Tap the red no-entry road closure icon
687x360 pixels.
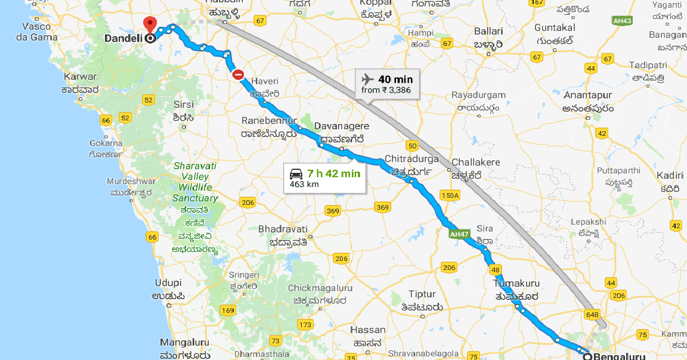tap(238, 75)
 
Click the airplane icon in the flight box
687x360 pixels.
tap(368, 79)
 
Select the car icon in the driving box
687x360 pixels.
tap(296, 173)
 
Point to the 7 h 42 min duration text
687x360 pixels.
tap(334, 173)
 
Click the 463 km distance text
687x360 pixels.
tap(304, 184)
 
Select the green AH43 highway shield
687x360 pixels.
tap(623, 21)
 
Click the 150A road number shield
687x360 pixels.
tap(450, 195)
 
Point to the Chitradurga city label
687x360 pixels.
tap(411, 159)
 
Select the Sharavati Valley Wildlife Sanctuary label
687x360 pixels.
tap(195, 182)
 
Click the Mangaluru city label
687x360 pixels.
tap(185, 343)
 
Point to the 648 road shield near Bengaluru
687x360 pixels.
tap(592, 314)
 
